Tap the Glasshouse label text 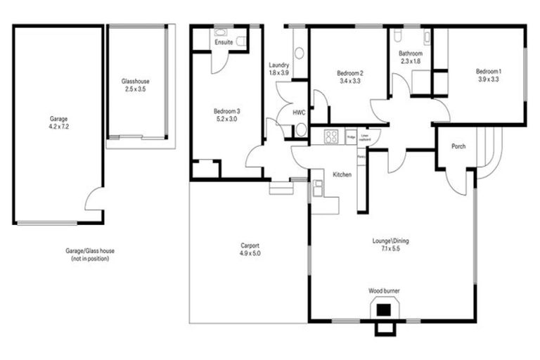[135, 82]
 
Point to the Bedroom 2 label [349, 73]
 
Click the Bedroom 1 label [487, 71]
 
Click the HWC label [298, 112]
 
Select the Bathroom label [410, 53]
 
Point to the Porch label [458, 146]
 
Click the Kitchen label [342, 174]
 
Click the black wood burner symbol [383, 307]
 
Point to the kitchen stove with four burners [332, 137]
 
